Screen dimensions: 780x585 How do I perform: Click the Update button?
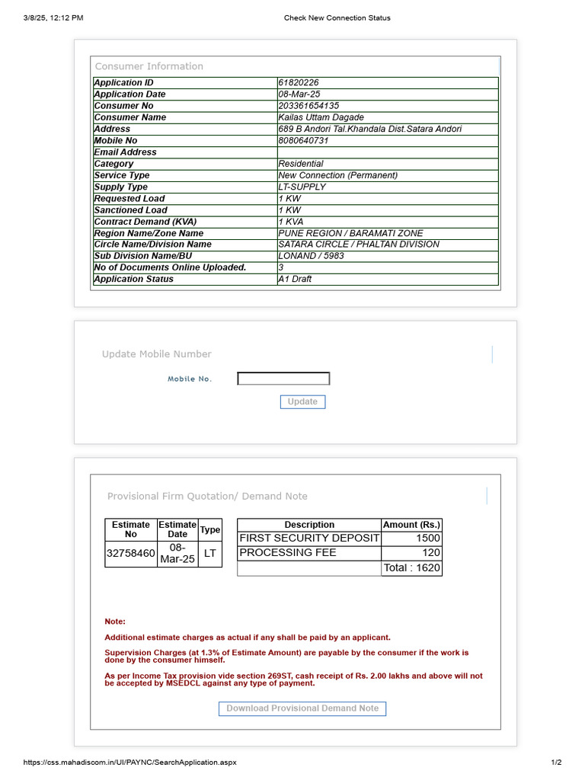[302, 401]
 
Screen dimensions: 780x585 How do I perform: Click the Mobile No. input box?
[283, 379]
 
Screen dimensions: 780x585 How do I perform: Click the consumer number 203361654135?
[308, 106]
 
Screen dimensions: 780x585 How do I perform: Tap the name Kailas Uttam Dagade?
[321, 117]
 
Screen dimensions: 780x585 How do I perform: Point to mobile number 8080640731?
[303, 141]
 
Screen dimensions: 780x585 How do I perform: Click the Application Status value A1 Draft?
[295, 279]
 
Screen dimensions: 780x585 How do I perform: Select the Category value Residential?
[300, 164]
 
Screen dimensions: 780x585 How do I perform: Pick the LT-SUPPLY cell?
[302, 187]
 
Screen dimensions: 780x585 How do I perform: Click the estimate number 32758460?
[130, 553]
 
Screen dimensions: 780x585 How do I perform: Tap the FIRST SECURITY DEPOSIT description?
[308, 538]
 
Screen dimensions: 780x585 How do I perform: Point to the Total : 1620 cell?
[411, 567]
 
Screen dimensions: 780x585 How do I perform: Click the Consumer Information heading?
[149, 66]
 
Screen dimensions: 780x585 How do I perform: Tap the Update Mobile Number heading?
[156, 354]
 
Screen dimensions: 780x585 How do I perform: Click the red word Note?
[115, 622]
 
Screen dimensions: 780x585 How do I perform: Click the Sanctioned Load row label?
[130, 210]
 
